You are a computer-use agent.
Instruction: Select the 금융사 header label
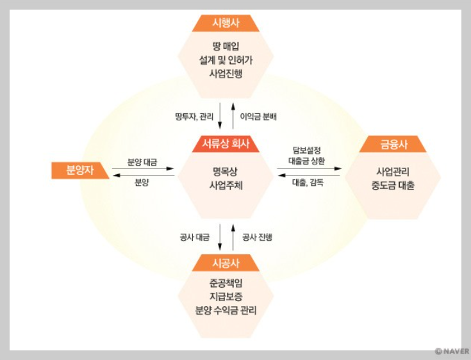[393, 144]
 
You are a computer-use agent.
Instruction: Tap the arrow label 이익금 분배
[258, 117]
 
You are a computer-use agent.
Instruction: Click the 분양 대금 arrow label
[142, 162]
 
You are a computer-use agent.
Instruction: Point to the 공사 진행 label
[257, 237]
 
